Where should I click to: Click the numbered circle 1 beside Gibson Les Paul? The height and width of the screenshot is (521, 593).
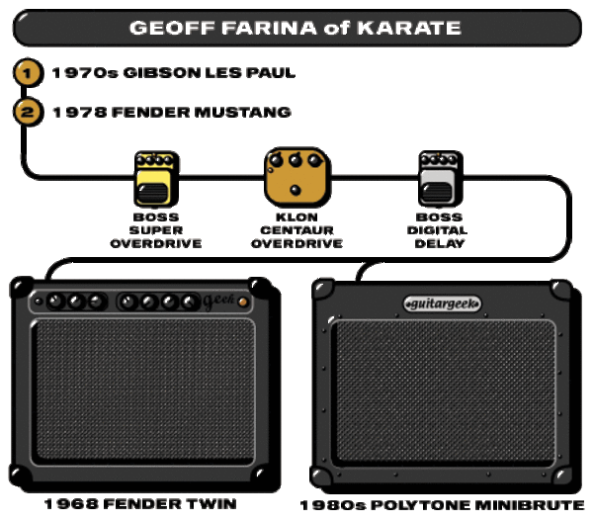point(28,72)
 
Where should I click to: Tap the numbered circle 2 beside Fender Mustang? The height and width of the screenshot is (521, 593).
point(28,112)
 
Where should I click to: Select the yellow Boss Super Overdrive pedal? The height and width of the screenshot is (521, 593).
point(156,179)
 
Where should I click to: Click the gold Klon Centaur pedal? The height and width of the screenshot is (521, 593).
point(296,177)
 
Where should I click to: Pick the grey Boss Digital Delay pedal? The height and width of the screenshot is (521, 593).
point(440,179)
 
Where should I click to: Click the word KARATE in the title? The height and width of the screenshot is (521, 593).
point(409,28)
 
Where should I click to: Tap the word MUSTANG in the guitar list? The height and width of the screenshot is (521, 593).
point(242,113)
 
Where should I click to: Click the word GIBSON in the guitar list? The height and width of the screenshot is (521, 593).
point(162,72)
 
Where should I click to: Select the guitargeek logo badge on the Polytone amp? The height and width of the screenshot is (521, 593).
point(442,304)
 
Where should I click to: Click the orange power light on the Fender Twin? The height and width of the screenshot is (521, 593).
point(243,302)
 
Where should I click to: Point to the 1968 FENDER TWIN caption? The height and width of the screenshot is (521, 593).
point(140,504)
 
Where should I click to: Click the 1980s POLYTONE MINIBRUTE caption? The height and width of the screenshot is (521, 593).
point(442,505)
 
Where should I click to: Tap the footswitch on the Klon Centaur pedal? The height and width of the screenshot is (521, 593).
point(296,190)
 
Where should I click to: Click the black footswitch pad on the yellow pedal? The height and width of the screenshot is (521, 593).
point(152,194)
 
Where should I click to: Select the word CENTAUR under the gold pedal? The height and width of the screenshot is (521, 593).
point(296,230)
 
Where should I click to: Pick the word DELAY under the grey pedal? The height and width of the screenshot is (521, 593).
point(440,243)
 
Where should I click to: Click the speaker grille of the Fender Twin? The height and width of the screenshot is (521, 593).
point(143,391)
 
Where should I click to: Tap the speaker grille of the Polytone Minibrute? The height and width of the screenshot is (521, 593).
point(444,392)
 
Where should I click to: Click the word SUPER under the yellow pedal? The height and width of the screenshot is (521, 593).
point(156,230)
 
